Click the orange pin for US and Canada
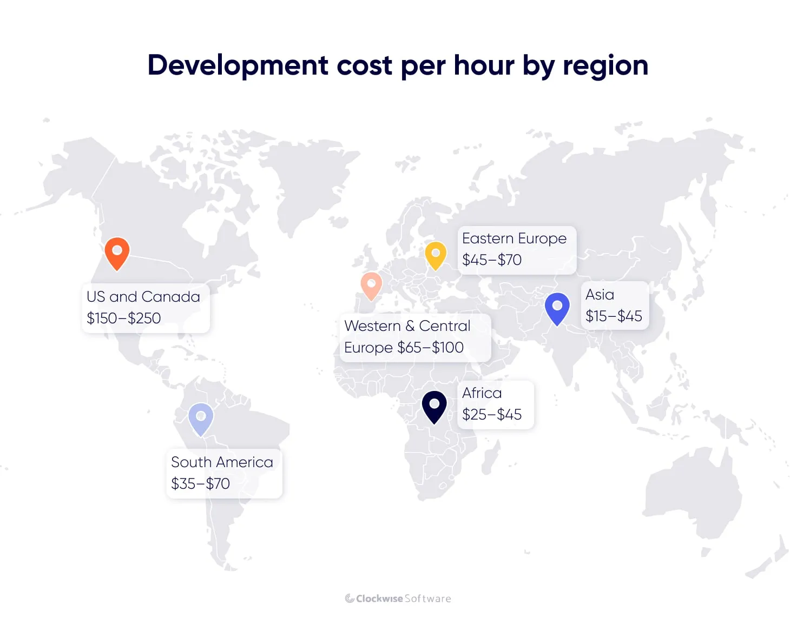[x=117, y=252]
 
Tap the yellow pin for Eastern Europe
[x=436, y=254]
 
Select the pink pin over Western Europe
[x=371, y=284]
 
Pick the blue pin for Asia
[x=557, y=308]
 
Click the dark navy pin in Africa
[x=434, y=405]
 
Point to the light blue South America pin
[x=201, y=418]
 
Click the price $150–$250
[x=124, y=318]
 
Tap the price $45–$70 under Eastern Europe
[x=492, y=260]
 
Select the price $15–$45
[x=614, y=316]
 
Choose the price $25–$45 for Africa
[x=492, y=415]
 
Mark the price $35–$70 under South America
[x=200, y=484]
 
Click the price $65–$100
[x=431, y=348]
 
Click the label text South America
[x=222, y=462]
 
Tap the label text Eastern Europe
[x=514, y=238]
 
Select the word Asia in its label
[x=600, y=295]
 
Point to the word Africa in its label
[x=482, y=393]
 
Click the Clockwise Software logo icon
[x=350, y=599]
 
